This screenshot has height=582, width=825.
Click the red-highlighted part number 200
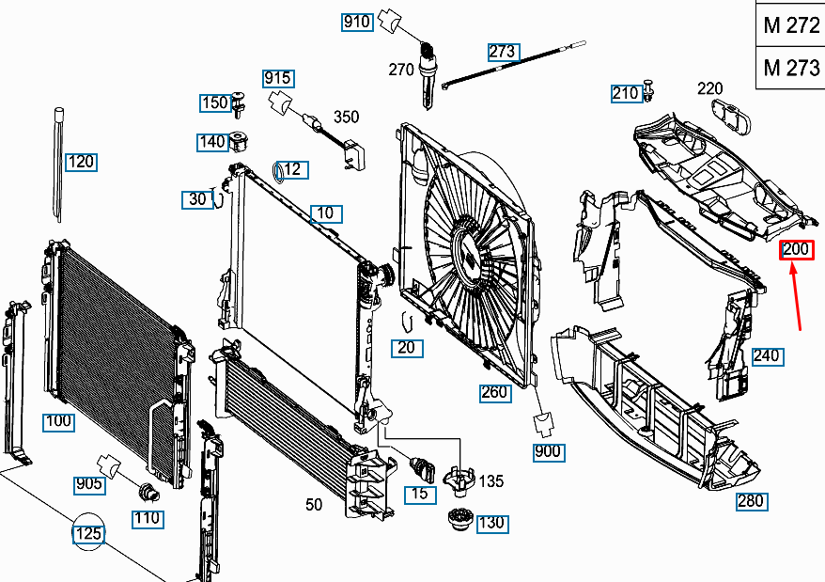(796, 250)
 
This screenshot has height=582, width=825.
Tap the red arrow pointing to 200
(797, 296)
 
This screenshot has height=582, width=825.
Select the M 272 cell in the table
(791, 25)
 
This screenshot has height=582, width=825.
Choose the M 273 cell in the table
(791, 68)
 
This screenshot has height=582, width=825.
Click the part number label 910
(357, 22)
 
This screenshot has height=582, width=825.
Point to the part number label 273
(503, 52)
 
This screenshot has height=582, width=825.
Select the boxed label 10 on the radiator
(324, 213)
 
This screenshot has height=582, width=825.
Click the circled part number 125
(87, 534)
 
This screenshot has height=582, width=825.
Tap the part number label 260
(494, 392)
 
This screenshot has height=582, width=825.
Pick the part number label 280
(751, 500)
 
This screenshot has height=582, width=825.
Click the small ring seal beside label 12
(277, 171)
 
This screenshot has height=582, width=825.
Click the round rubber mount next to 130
(459, 518)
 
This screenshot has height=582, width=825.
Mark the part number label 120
(82, 162)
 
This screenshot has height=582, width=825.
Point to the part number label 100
(58, 421)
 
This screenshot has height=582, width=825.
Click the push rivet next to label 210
(650, 91)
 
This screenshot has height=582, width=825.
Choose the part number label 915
(277, 78)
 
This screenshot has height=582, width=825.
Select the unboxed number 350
(347, 117)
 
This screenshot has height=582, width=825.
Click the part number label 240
(767, 356)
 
